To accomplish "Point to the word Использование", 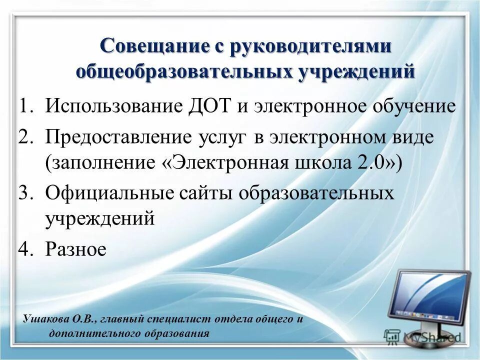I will [113, 106].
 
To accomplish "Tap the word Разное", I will [76, 249].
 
